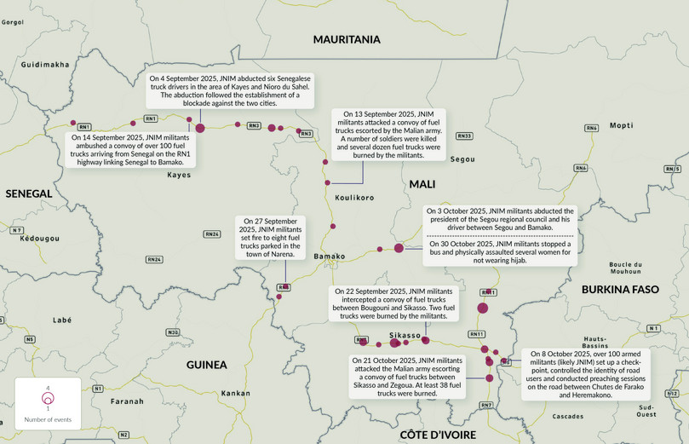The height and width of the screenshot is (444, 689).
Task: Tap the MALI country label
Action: point(422,184)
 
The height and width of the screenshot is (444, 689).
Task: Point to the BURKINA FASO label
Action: point(620,290)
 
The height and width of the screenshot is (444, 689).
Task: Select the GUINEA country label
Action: point(207,365)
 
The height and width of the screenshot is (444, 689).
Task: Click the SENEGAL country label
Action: point(29,193)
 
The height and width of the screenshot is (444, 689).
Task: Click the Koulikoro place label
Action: point(354,197)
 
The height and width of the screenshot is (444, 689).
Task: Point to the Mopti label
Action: point(621,125)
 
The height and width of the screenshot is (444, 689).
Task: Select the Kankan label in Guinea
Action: point(235,394)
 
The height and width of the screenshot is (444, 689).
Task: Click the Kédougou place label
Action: point(40,238)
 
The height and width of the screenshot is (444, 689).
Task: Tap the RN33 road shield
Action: point(464,136)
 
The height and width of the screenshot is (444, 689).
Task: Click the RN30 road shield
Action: point(173,332)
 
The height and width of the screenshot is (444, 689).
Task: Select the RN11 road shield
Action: point(476,334)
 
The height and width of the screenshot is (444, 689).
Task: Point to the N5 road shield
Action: point(30,339)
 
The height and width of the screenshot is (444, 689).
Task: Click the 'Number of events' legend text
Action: point(48,420)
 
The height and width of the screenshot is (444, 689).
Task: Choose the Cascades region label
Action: point(568,417)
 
